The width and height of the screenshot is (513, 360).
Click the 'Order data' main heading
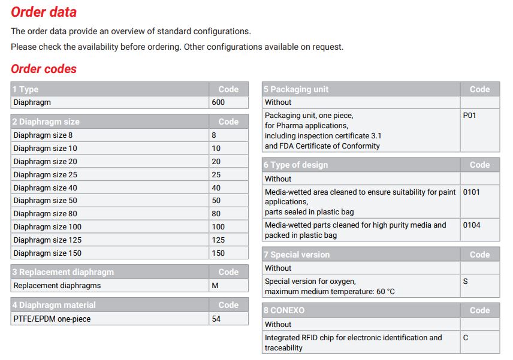(44, 12)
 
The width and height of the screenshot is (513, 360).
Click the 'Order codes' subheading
(44, 69)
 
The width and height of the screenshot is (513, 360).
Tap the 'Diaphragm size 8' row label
(43, 135)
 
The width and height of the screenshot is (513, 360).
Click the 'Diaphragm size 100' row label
(47, 227)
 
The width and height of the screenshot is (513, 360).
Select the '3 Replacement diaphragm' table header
(63, 272)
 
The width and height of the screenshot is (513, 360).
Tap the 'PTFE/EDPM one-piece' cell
(52, 319)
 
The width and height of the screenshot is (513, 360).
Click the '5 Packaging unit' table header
(297, 89)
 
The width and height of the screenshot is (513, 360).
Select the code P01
(470, 116)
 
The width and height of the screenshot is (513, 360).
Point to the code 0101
(472, 192)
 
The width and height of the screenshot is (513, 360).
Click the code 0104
(472, 225)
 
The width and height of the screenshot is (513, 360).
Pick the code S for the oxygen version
(466, 282)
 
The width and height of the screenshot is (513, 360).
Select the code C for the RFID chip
(466, 338)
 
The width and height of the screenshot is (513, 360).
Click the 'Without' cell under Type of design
(278, 179)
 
